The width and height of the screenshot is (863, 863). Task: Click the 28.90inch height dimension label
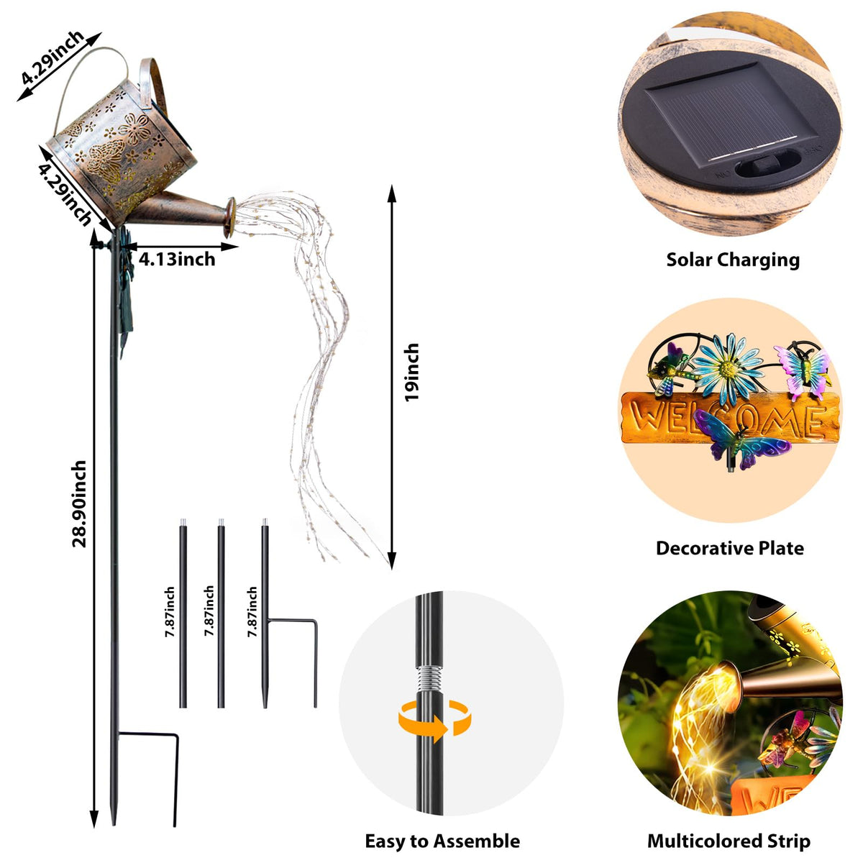[79, 503]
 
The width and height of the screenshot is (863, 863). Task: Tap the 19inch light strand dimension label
[412, 372]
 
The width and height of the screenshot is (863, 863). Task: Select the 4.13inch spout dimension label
[177, 260]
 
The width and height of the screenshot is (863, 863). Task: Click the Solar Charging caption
[733, 260]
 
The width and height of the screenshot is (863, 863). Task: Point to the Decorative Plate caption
[729, 549]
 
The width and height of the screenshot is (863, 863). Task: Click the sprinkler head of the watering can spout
[230, 217]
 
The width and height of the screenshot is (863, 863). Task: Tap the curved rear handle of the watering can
[153, 85]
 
